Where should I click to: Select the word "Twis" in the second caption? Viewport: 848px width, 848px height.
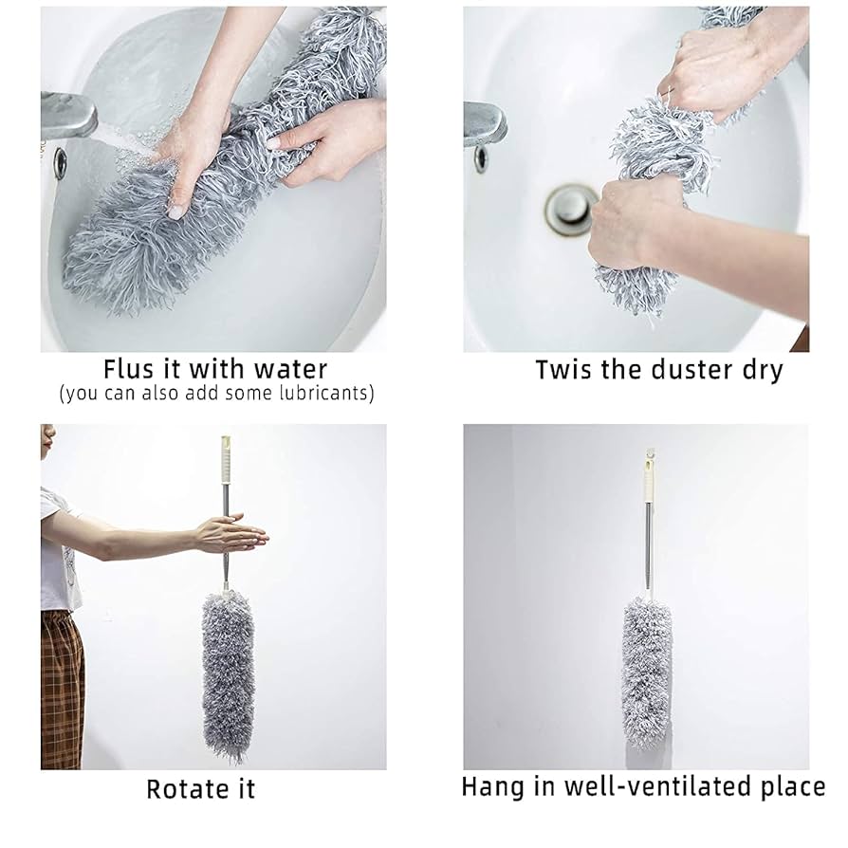click(564, 369)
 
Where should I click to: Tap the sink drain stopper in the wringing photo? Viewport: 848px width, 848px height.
click(570, 206)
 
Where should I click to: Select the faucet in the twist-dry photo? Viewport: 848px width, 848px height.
click(486, 120)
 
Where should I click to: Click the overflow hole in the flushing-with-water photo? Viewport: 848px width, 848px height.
click(60, 161)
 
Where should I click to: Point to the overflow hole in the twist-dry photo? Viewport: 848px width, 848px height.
click(482, 157)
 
